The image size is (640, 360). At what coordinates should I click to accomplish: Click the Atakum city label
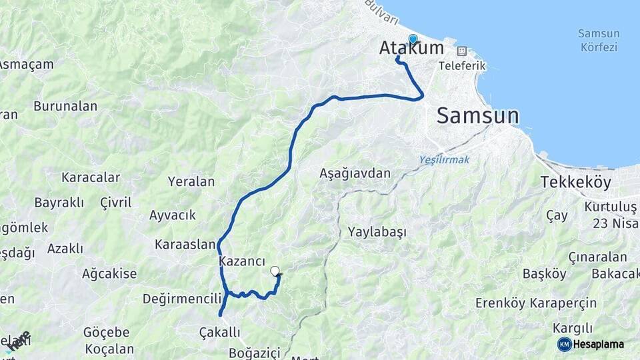(411, 49)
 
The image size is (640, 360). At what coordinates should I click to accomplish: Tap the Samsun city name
(477, 115)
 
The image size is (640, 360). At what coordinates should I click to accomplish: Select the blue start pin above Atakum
(413, 39)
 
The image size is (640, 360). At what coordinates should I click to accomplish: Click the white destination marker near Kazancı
(275, 271)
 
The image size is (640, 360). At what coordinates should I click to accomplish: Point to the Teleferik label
(462, 66)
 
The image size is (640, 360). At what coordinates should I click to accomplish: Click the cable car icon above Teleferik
(461, 51)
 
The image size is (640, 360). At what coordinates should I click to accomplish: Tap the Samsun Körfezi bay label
(599, 40)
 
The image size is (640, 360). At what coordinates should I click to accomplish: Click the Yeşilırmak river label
(445, 159)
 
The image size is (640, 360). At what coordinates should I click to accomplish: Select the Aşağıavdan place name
(355, 173)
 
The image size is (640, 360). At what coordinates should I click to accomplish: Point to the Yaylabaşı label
(377, 232)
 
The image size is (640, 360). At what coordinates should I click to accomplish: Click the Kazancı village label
(242, 263)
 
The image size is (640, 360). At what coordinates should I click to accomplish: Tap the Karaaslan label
(185, 244)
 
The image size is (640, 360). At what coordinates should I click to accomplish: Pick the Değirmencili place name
(181, 298)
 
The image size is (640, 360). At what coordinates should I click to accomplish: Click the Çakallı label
(219, 331)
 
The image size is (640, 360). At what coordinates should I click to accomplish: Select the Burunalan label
(65, 106)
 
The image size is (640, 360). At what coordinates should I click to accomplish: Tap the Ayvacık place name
(173, 215)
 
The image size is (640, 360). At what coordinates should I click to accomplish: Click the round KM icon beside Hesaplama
(565, 344)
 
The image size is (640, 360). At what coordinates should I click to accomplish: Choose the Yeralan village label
(191, 181)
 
